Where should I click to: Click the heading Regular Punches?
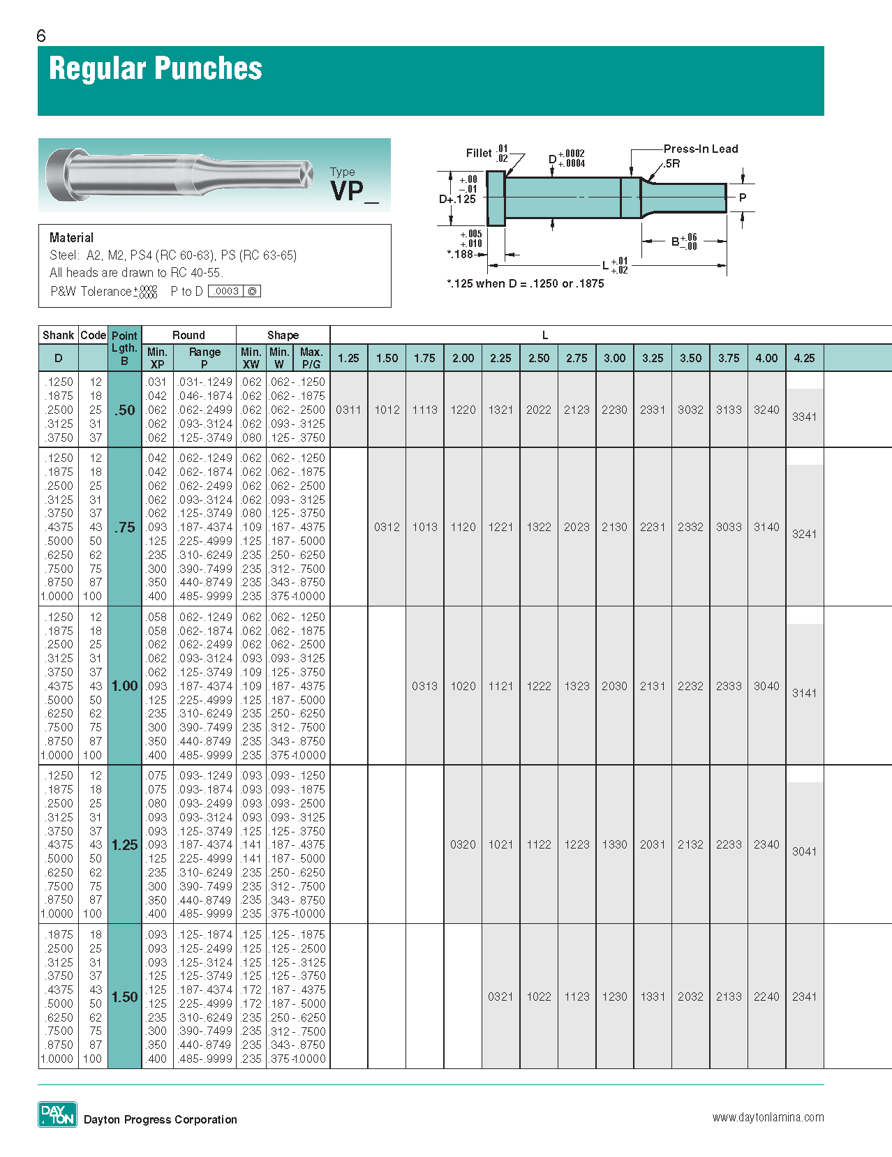(155, 69)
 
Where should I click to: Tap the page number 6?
(41, 36)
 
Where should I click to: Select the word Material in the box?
(71, 237)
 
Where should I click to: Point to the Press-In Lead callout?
(700, 149)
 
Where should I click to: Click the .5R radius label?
(671, 163)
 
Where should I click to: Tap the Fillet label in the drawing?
(479, 153)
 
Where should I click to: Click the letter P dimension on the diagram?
(743, 197)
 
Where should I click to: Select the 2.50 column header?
(538, 358)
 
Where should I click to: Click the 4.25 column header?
(804, 358)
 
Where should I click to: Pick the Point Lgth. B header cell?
(124, 348)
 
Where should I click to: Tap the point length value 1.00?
(124, 686)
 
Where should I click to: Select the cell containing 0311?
(348, 410)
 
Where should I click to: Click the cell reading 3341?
(804, 417)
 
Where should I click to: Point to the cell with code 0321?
(500, 996)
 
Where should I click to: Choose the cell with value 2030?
(614, 686)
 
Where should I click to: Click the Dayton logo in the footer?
(57, 1114)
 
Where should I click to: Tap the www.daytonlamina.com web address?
(768, 1117)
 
